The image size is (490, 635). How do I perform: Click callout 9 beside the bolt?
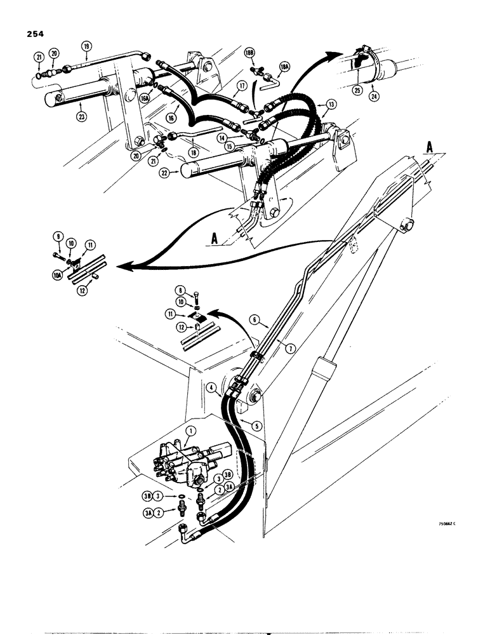pos(57,237)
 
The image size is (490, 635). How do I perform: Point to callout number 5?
pos(256,425)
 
